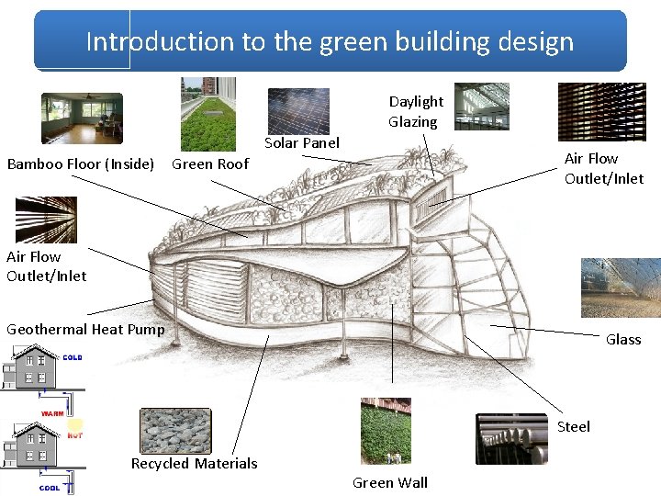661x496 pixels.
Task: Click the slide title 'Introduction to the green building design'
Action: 330,41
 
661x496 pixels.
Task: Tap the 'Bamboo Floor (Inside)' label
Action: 81,164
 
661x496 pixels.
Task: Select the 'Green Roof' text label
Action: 210,164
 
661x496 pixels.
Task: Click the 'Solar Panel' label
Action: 302,142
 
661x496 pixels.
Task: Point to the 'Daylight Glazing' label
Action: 415,111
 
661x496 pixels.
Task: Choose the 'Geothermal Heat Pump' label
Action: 85,329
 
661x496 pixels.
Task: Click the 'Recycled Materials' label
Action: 194,463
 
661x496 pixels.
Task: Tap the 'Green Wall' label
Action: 390,482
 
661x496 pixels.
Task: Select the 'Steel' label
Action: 574,426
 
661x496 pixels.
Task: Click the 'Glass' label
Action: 623,339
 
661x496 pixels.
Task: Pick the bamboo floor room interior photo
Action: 82,118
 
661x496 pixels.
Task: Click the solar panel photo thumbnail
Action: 298,110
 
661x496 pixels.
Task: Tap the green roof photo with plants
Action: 207,113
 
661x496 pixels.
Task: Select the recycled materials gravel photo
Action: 174,430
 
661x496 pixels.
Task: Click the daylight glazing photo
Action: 482,107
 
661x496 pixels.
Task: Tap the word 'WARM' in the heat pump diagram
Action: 51,414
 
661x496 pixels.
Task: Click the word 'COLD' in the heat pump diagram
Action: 73,356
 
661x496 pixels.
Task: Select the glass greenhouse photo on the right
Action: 621,287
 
